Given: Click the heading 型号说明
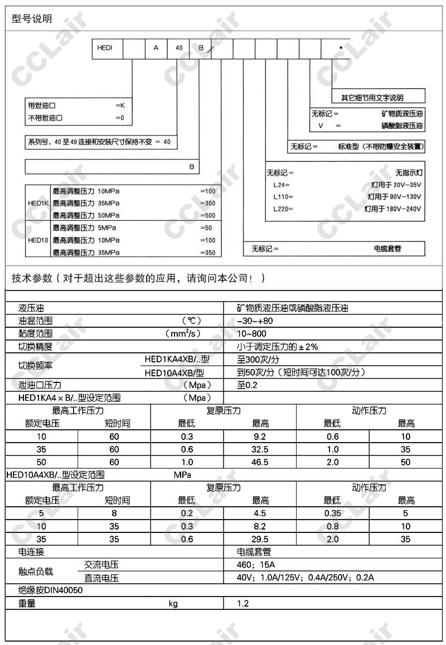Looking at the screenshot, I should click(x=32, y=19).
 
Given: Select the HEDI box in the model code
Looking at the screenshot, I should click(x=105, y=48).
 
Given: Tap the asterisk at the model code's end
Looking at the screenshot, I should click(x=340, y=49).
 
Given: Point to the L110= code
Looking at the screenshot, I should click(x=283, y=197).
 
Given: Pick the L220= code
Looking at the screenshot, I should click(x=283, y=209).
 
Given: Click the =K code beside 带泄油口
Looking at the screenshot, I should click(x=119, y=105).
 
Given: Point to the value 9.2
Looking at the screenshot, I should click(x=260, y=437).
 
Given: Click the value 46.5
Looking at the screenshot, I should click(x=260, y=462).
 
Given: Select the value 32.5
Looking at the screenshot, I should click(x=260, y=449).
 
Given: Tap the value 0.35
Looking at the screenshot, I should click(x=332, y=513).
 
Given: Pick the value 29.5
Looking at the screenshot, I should click(x=260, y=539).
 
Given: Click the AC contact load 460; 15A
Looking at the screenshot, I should click(x=255, y=565).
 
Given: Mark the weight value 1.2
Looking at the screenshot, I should click(x=243, y=603).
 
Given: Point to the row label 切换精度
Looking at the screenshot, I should click(x=35, y=346).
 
